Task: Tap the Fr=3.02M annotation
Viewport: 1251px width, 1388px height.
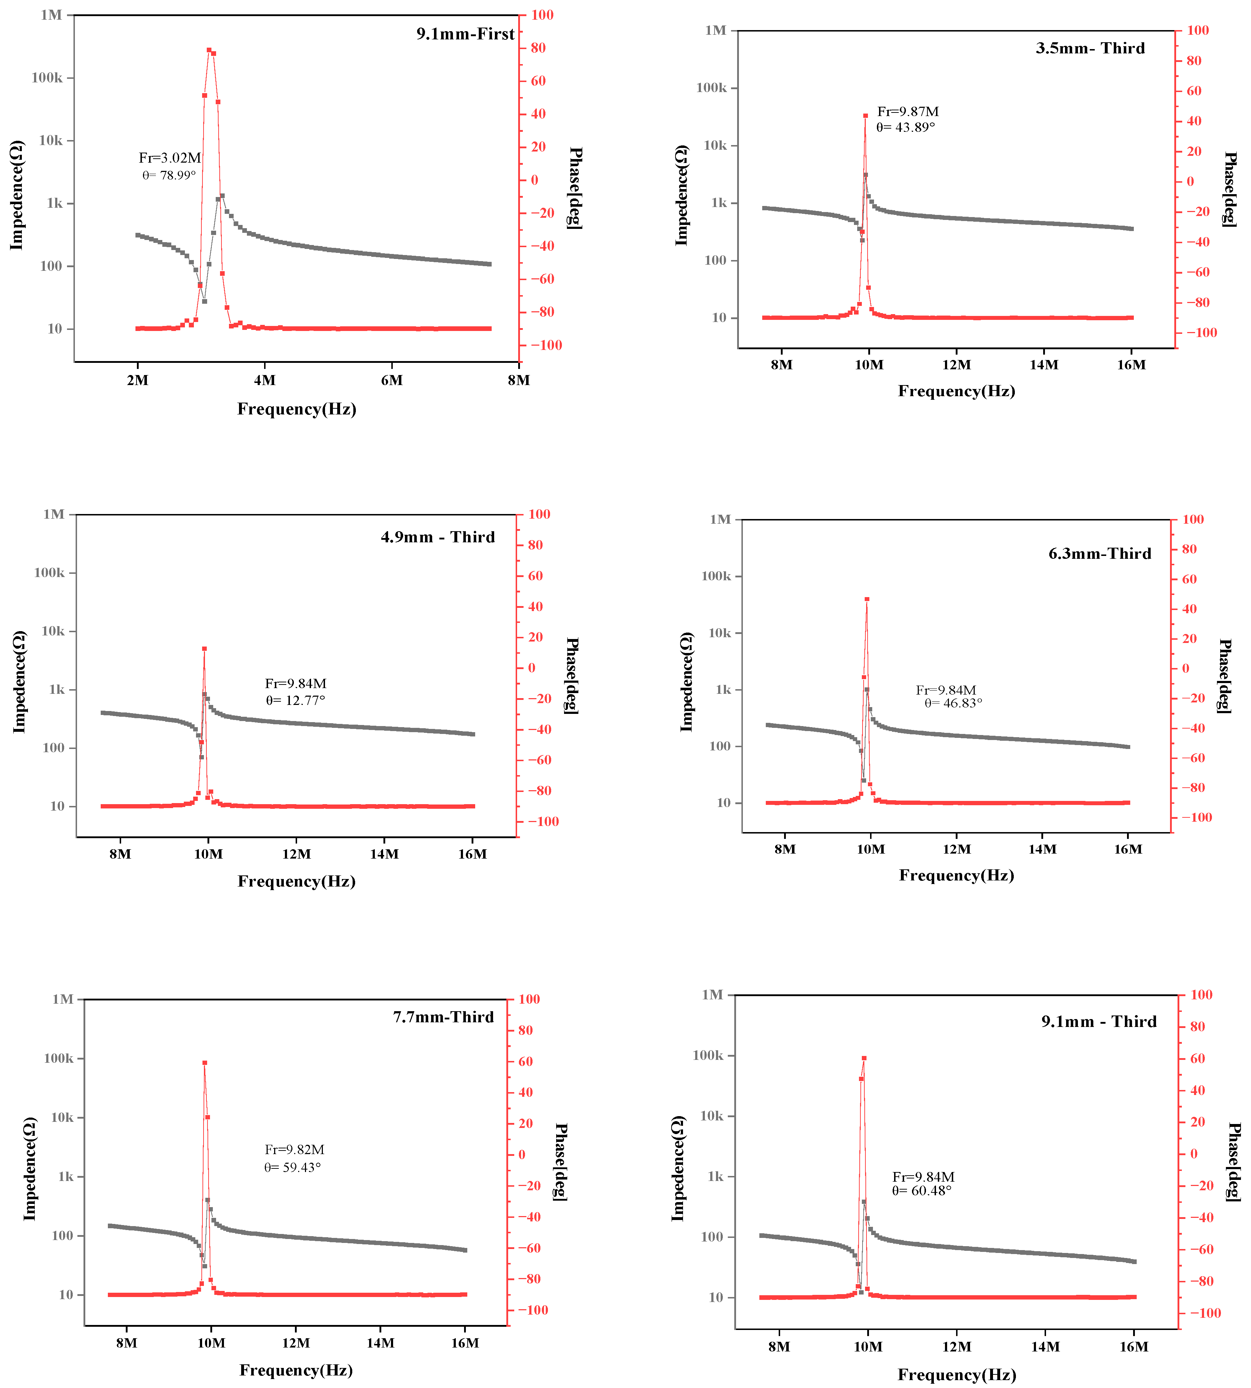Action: pyautogui.click(x=170, y=158)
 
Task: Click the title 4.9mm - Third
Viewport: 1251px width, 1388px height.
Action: pyautogui.click(x=438, y=537)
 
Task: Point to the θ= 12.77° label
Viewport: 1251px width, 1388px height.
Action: pyautogui.click(x=296, y=700)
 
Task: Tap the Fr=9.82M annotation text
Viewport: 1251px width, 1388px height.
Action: pyautogui.click(x=294, y=1149)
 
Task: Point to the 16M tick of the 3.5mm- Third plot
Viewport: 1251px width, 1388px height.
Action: pyautogui.click(x=1131, y=365)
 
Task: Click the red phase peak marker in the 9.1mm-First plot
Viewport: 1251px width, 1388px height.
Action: pyautogui.click(x=209, y=50)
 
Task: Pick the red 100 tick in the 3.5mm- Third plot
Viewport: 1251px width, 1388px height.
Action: pyautogui.click(x=1197, y=30)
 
